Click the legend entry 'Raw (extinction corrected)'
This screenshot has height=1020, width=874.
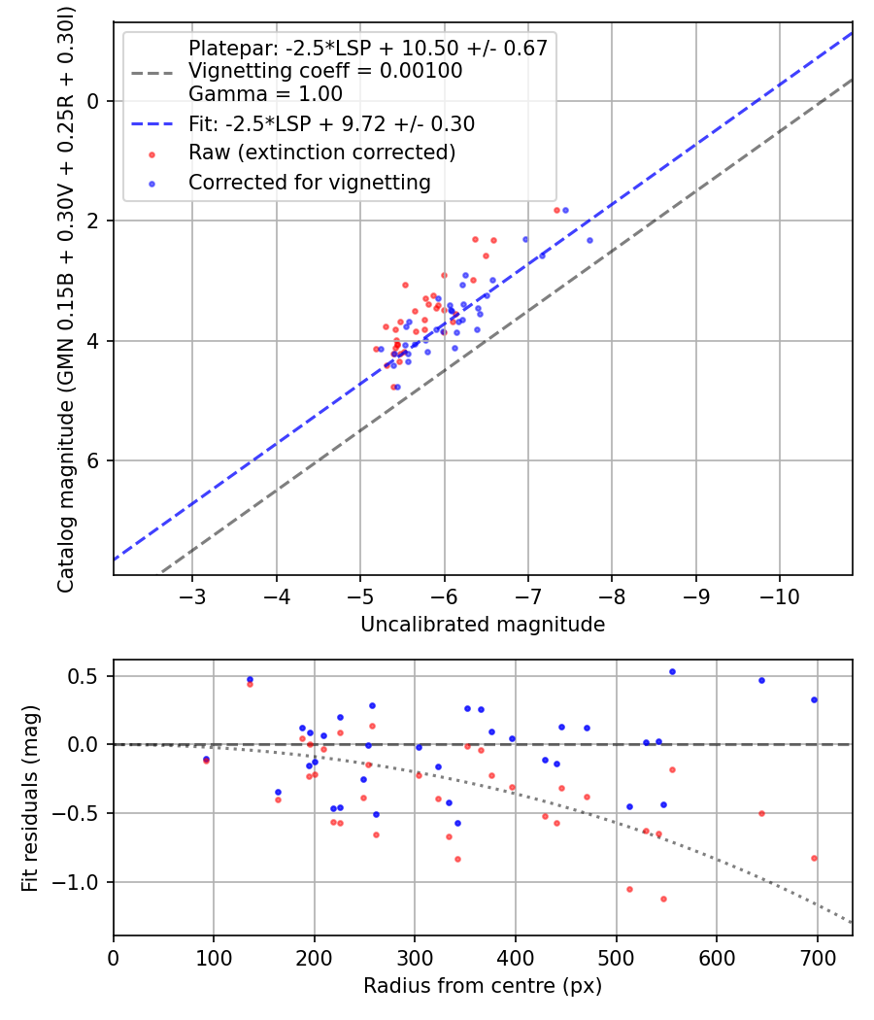[321, 153]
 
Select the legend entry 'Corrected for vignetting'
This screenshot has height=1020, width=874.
[309, 182]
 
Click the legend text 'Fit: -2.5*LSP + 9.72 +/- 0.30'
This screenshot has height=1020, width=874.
[331, 124]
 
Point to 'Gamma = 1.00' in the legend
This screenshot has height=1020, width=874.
[265, 95]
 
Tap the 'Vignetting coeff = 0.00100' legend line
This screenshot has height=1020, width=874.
[325, 71]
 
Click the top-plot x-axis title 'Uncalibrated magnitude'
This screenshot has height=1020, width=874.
[483, 625]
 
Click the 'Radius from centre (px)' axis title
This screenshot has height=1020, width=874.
[483, 986]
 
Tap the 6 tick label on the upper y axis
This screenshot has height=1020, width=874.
[94, 460]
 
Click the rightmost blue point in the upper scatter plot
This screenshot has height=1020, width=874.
[589, 240]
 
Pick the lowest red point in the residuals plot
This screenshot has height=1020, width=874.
[663, 899]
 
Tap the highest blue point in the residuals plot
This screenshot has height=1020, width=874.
[672, 671]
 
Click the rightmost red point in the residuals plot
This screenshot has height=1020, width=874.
[814, 858]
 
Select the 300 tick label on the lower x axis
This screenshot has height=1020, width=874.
[415, 956]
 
